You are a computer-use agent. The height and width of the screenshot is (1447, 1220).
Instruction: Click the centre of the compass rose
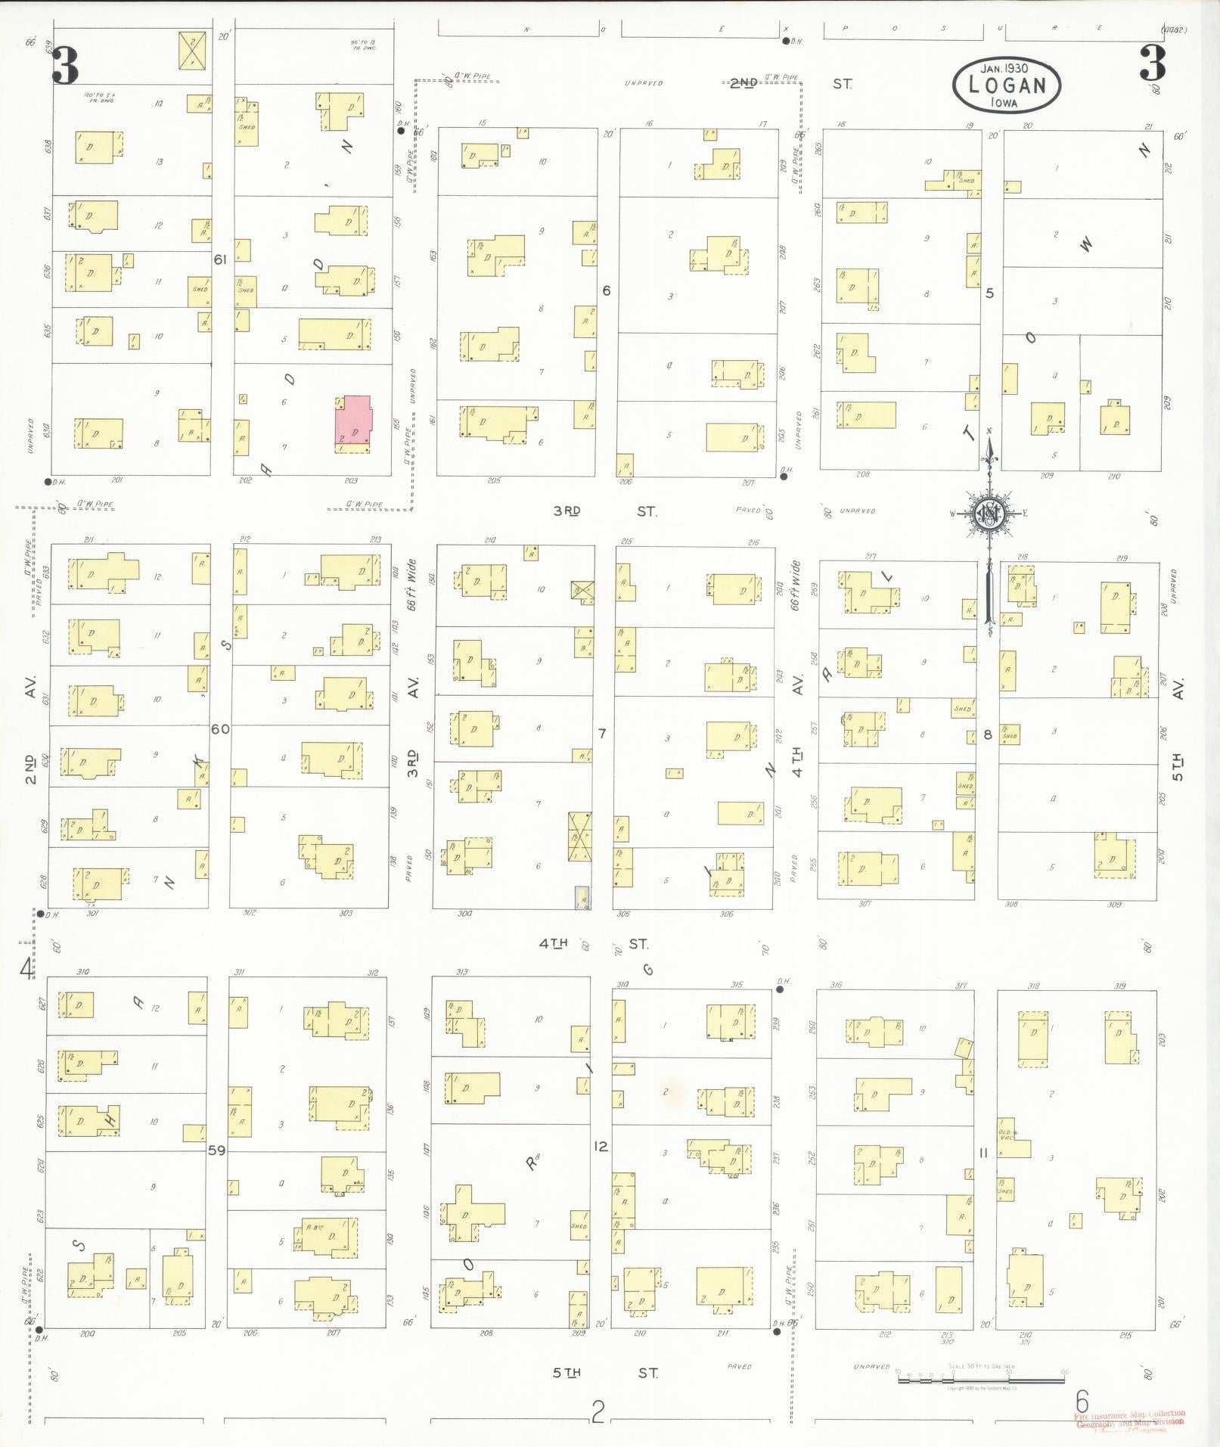click(x=988, y=514)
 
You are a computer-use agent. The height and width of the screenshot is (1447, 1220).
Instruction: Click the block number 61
click(x=220, y=259)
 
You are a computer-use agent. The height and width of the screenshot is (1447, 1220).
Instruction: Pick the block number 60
click(x=220, y=729)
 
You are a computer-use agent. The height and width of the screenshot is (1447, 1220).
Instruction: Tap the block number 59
click(x=217, y=1150)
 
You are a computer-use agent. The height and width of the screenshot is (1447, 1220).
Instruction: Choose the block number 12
click(x=601, y=1147)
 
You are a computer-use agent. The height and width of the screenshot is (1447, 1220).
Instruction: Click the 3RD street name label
click(x=567, y=511)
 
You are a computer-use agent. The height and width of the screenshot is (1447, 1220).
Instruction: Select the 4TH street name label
click(x=554, y=944)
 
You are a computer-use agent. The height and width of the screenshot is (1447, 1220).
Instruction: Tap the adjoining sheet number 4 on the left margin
click(x=26, y=968)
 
